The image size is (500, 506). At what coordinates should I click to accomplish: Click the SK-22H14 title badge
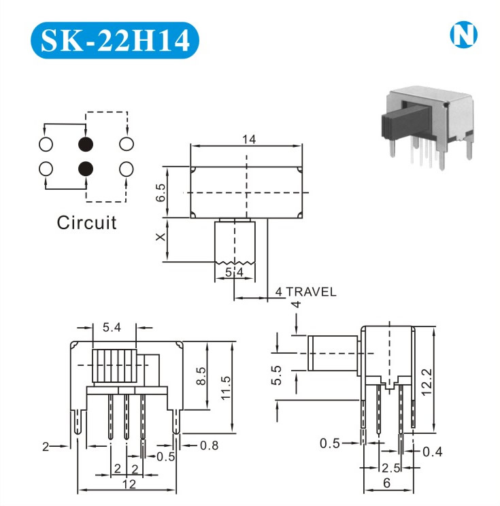[x=115, y=40]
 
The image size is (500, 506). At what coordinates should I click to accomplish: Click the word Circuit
[x=86, y=222]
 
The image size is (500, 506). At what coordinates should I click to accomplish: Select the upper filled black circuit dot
[x=86, y=144]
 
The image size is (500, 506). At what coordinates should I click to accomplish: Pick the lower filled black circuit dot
[x=86, y=168]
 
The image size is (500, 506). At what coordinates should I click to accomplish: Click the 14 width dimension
[x=248, y=139]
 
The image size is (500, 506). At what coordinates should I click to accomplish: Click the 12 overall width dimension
[x=129, y=484]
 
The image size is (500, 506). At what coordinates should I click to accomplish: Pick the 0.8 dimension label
[x=209, y=446]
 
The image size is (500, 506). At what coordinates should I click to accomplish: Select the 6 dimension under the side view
[x=386, y=484]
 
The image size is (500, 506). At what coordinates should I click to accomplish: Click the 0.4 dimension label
[x=432, y=452]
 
